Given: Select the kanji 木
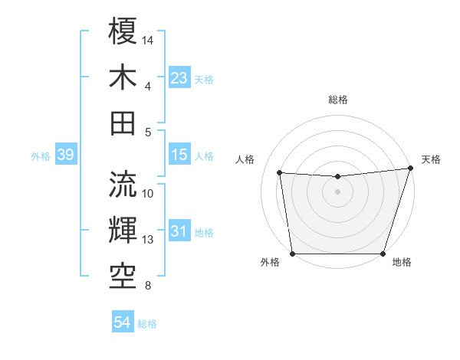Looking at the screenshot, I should point(123,77).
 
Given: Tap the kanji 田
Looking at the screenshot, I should point(123,123).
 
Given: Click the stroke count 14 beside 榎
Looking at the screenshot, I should point(148,39).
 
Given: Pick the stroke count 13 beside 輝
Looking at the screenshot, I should point(148,240).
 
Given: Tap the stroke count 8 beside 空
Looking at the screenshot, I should point(147,286).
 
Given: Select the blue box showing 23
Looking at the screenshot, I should point(179,78).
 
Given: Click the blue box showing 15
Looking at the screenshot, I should point(179,155).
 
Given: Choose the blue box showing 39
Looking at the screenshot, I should point(65,155).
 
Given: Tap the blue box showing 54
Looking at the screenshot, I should point(122,323).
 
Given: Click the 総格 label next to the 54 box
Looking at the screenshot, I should point(147,324).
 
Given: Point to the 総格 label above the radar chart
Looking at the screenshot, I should point(337,100).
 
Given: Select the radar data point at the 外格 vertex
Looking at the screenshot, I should point(292,254).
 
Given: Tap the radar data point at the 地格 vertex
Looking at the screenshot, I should point(383,254).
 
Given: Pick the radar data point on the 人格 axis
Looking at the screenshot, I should point(280,173).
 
